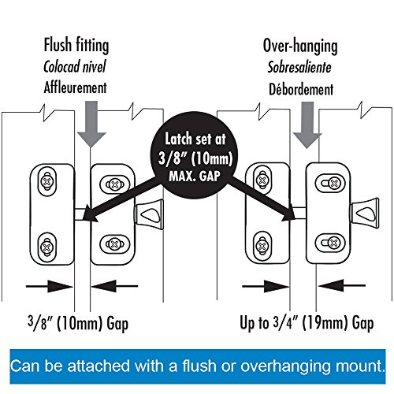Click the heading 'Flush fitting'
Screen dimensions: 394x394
tap(76, 46)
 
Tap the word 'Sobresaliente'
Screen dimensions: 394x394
tap(299, 68)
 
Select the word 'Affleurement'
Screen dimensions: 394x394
tap(75, 87)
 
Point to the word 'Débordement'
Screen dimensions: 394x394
tap(301, 89)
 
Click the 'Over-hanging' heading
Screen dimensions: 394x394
tap(300, 46)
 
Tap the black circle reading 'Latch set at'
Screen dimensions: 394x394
tap(195, 155)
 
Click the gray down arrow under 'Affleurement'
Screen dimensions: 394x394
tap(91, 124)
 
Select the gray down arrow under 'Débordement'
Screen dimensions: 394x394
tap(307, 125)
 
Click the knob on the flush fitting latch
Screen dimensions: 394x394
tap(149, 214)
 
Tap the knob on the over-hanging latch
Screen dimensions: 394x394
tap(365, 214)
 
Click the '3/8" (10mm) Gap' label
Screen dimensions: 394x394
tap(78, 323)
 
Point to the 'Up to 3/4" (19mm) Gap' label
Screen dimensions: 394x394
tap(307, 323)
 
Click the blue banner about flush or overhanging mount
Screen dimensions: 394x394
tap(198, 366)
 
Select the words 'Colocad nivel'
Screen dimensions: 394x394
tap(75, 66)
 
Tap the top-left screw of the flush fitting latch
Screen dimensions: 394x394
tap(47, 181)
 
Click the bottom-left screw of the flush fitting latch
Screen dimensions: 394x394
tap(47, 247)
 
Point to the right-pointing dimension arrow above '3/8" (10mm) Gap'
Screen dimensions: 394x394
tap(50, 286)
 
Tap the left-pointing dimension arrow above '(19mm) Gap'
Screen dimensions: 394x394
tap(341, 285)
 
